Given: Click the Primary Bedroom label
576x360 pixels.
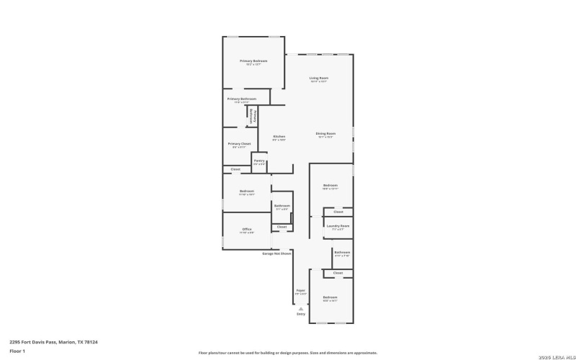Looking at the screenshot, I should [253, 62].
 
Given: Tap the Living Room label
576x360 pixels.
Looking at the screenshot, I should [318, 78].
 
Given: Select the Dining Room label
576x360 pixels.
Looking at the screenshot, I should [325, 133].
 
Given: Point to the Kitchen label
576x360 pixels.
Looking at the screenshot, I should [279, 137].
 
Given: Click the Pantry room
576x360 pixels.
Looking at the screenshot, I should [258, 162].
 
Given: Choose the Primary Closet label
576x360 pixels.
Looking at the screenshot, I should [239, 144].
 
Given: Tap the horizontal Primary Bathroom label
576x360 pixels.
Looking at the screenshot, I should [241, 99].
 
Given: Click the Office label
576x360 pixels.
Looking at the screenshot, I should [246, 230].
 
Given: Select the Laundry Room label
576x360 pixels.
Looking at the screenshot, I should [338, 226].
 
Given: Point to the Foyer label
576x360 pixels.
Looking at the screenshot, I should [300, 291].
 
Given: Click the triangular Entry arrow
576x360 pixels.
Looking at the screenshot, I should [300, 308].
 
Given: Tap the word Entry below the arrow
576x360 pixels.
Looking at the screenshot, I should [300, 314].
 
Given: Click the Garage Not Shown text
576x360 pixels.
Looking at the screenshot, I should [276, 253].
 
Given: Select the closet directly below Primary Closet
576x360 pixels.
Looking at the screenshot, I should [235, 170].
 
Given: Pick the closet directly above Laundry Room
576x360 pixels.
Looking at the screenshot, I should [338, 212].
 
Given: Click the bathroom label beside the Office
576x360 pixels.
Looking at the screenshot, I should [282, 207].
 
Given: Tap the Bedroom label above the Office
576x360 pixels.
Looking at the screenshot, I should [246, 192].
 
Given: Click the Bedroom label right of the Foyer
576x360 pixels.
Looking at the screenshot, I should [330, 297].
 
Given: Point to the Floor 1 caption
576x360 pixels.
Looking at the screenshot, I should [17, 351].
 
